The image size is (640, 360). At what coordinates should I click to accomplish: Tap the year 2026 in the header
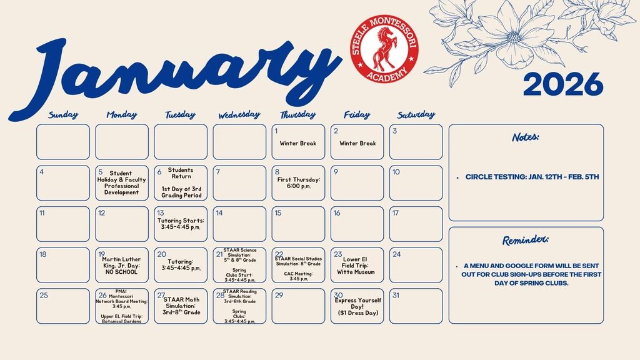[562, 84]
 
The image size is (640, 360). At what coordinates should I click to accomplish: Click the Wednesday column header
[239, 115]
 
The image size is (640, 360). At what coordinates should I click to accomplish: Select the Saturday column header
[416, 114]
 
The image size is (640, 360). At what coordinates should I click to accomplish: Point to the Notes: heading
[526, 137]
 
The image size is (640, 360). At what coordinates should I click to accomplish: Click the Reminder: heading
[526, 241]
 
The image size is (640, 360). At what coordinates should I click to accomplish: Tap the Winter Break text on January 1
[298, 143]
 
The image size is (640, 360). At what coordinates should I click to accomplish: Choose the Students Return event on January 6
[181, 173]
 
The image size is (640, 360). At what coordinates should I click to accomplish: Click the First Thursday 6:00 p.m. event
[299, 183]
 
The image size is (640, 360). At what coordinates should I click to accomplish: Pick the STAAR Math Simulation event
[181, 306]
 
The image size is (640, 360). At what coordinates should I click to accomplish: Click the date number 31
[396, 295]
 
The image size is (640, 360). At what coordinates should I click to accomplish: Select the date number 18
[43, 254]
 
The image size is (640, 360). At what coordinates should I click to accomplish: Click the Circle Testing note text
[532, 177]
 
